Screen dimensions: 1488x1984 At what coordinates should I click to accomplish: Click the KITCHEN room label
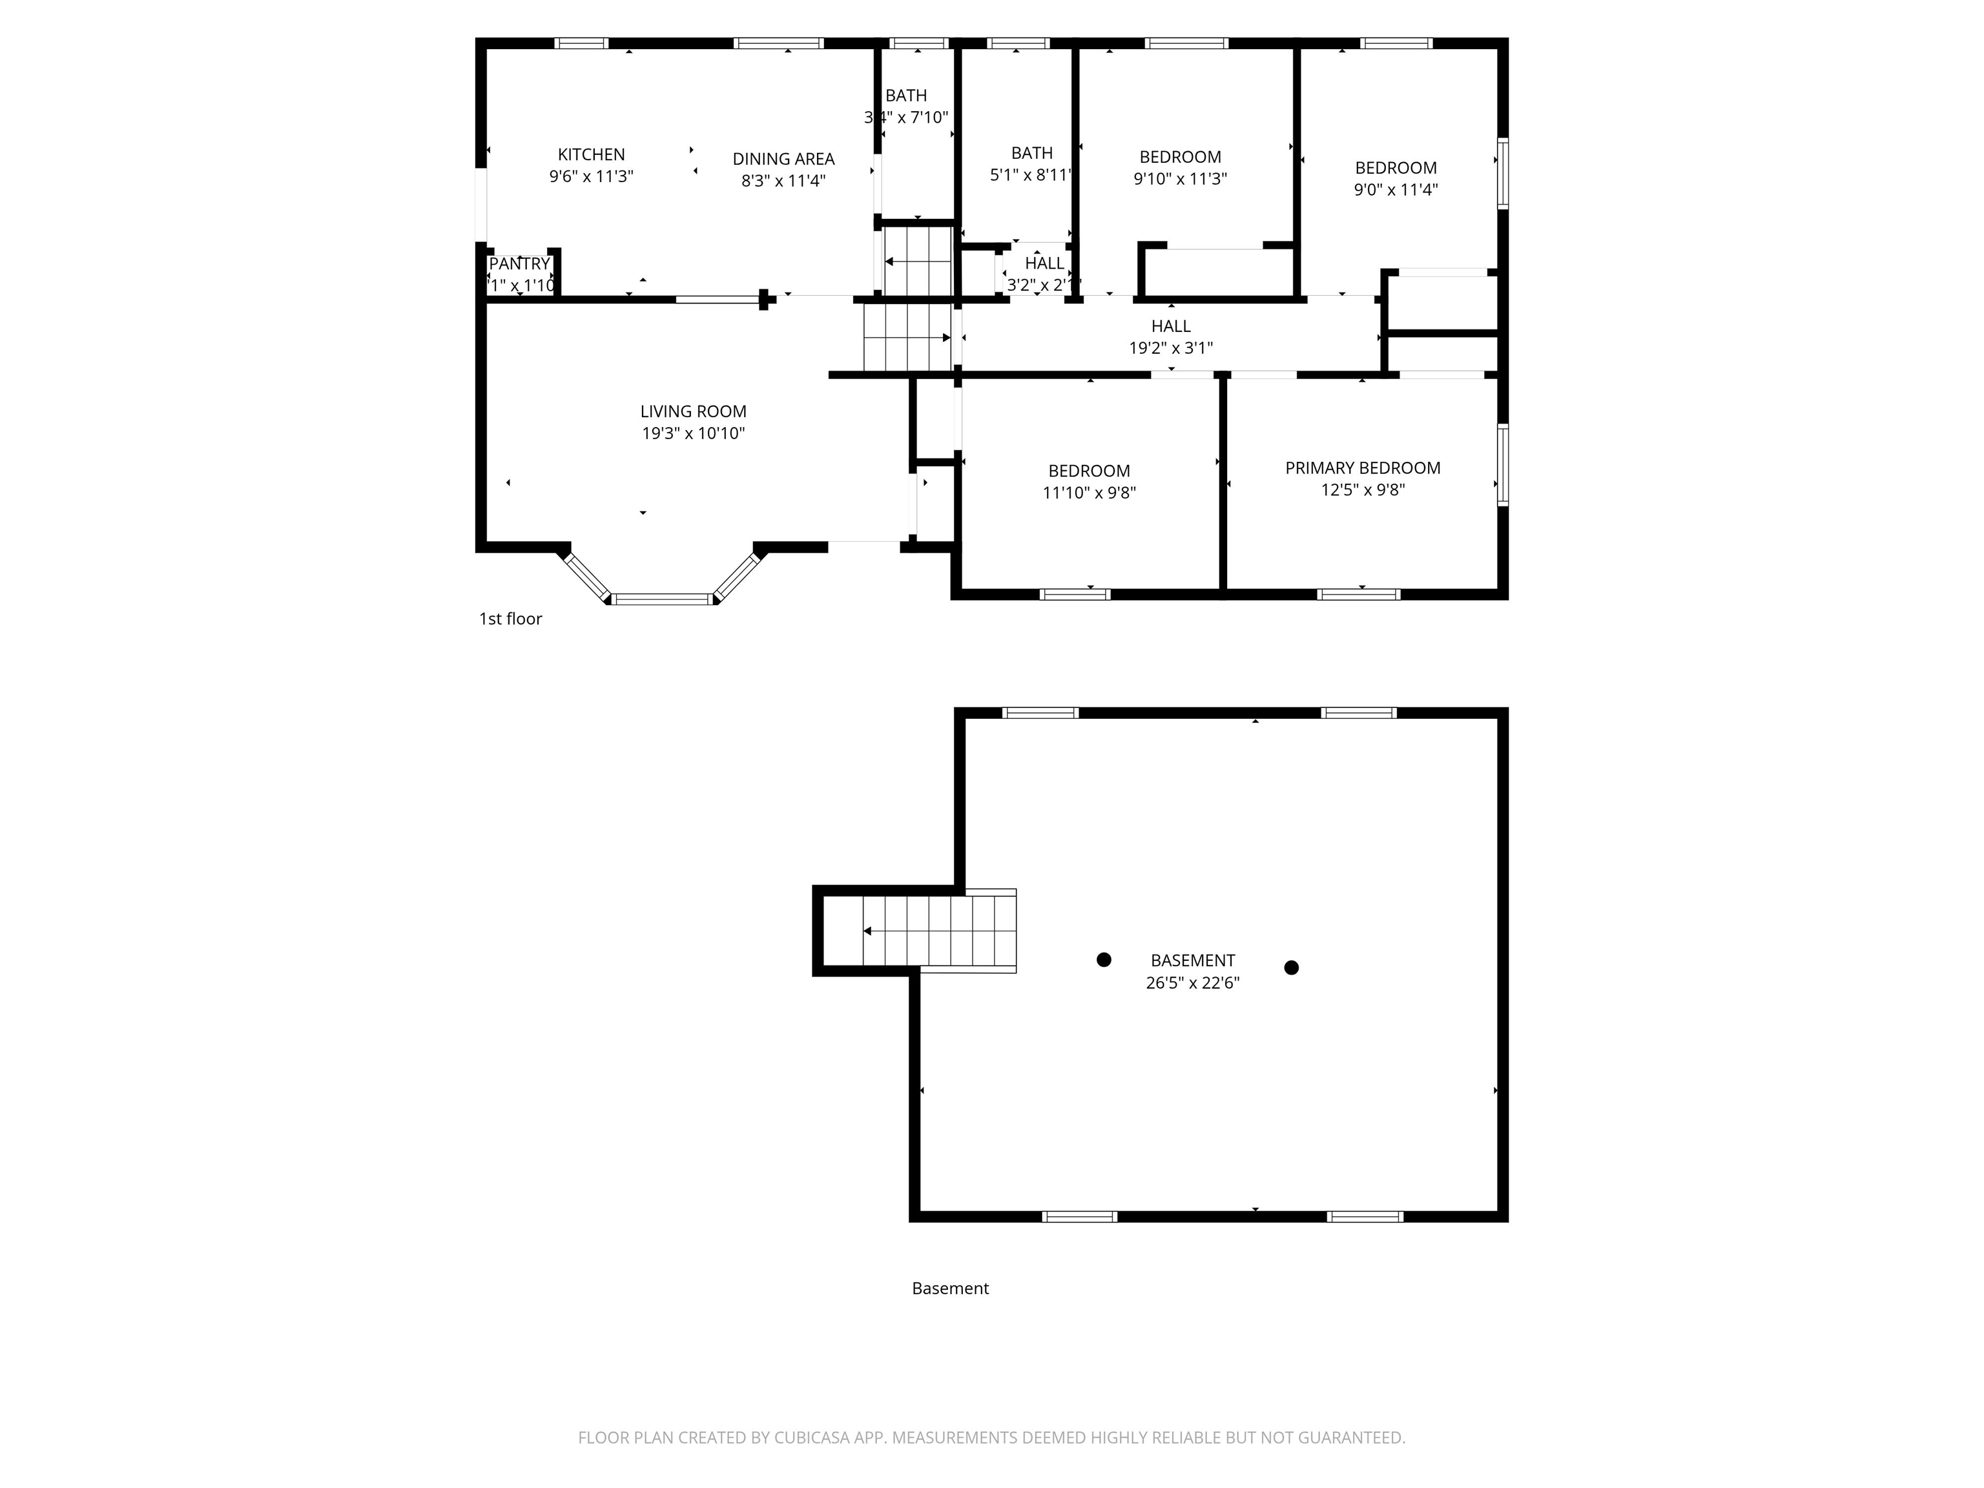(591, 154)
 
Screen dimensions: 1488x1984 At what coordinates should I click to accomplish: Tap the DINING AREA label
(783, 159)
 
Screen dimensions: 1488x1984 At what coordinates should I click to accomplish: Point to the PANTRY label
(519, 263)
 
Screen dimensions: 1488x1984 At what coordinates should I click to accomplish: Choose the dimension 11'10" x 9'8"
(1089, 492)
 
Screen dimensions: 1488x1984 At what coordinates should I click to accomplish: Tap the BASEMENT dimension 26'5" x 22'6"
(1192, 982)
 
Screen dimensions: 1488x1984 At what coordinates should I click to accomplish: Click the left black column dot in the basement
(1104, 960)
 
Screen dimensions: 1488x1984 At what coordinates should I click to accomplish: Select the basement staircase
(937, 931)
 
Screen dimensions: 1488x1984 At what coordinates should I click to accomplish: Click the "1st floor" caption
(510, 619)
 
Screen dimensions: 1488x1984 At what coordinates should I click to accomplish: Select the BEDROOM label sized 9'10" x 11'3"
(1179, 157)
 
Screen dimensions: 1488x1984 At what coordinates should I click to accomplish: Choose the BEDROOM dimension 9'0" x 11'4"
(1396, 189)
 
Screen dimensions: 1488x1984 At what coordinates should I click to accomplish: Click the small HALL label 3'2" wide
(1044, 263)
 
